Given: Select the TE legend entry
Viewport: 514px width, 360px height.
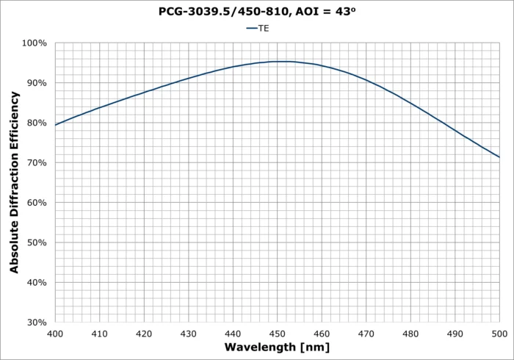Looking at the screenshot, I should pyautogui.click(x=257, y=28).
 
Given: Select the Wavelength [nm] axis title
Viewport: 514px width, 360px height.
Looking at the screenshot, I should pyautogui.click(x=277, y=347).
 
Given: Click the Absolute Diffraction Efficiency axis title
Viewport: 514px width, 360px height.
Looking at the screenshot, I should pyautogui.click(x=15, y=182).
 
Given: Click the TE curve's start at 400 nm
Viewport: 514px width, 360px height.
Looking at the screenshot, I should pyautogui.click(x=56, y=125).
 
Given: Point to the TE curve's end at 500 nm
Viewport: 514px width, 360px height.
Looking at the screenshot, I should pyautogui.click(x=499, y=157).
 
